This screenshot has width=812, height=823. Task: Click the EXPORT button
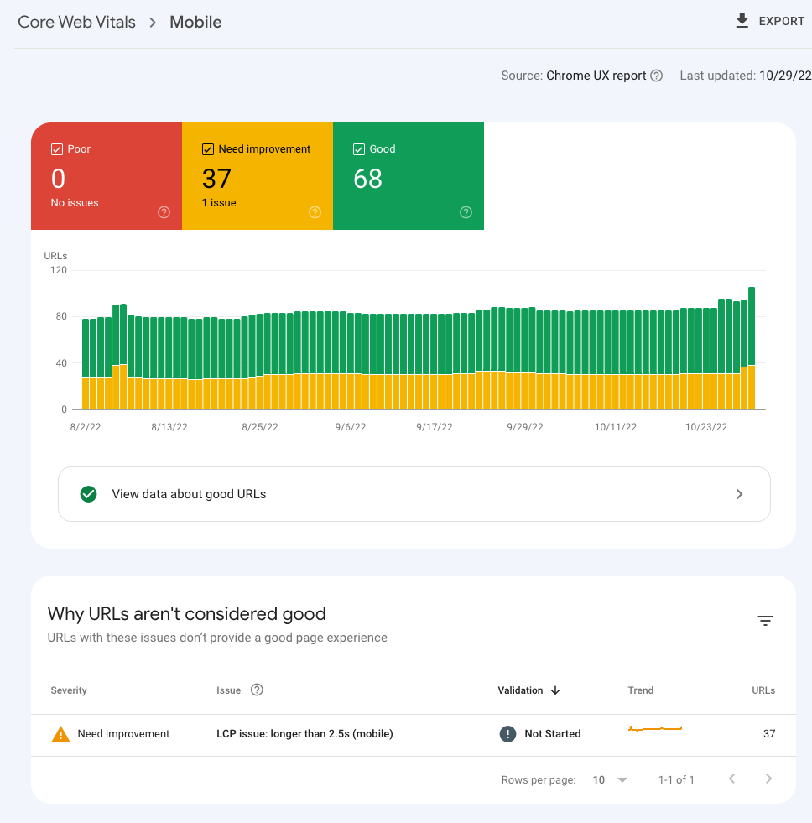tap(770, 22)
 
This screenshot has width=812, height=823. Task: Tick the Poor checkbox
tap(57, 149)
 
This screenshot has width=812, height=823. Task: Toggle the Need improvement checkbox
tap(208, 149)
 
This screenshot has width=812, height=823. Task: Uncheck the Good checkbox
tap(359, 149)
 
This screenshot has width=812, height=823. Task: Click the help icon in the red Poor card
tap(164, 212)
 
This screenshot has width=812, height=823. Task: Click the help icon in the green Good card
tap(466, 212)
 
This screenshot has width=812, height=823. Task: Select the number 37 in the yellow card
tap(216, 179)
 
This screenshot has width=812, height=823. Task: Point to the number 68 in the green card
tap(367, 179)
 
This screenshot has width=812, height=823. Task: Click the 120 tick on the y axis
tap(58, 271)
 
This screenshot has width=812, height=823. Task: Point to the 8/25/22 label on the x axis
tap(259, 427)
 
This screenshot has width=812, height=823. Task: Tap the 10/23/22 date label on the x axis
tap(706, 427)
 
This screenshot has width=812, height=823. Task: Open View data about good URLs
tap(414, 494)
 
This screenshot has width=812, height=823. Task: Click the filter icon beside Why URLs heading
tap(765, 621)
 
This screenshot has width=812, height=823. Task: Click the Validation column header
tap(520, 690)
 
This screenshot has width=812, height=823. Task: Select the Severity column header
tap(69, 690)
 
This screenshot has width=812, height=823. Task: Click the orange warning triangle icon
tap(60, 734)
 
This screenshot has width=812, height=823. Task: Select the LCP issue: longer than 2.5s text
tap(304, 734)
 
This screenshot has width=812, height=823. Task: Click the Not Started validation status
tap(552, 734)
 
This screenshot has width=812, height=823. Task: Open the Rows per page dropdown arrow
tap(622, 780)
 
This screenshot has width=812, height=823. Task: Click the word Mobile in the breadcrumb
tap(195, 23)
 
